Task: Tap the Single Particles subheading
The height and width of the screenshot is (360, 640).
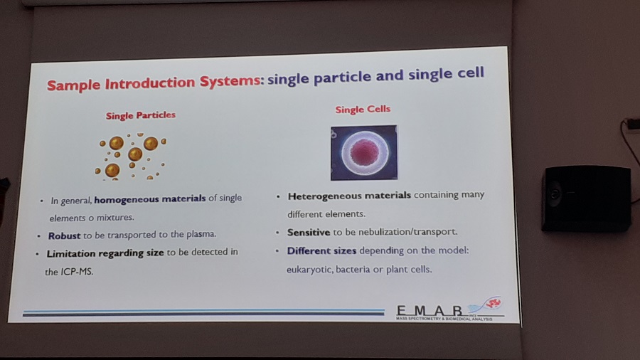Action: coord(140,115)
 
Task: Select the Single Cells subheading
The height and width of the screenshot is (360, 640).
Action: coord(363,110)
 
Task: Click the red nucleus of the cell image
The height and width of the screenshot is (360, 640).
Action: coord(364,152)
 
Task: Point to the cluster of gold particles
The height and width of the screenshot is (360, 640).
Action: coord(131,156)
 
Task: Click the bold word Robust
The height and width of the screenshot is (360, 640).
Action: coord(64,236)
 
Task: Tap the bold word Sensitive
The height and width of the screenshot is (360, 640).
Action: coord(309,233)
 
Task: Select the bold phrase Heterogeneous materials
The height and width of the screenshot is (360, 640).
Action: coord(349,196)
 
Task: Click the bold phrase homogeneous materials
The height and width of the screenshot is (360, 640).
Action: coord(150,199)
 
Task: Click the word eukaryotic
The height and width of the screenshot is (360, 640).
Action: coord(309,270)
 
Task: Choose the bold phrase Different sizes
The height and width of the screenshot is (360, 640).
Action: coord(321,250)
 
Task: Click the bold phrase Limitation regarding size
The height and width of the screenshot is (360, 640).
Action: coord(105,253)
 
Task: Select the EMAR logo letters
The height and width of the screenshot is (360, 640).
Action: coord(430,311)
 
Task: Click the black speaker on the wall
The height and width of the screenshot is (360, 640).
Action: coord(586,198)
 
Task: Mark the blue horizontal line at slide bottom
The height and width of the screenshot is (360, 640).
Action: coord(203,312)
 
